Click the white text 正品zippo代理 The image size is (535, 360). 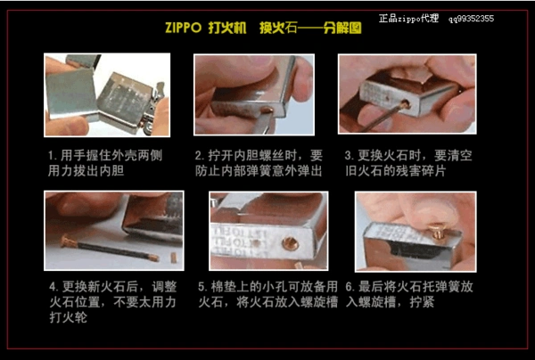point(408,17)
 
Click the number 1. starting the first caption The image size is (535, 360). point(53,155)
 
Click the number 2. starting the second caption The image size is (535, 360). point(200,155)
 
